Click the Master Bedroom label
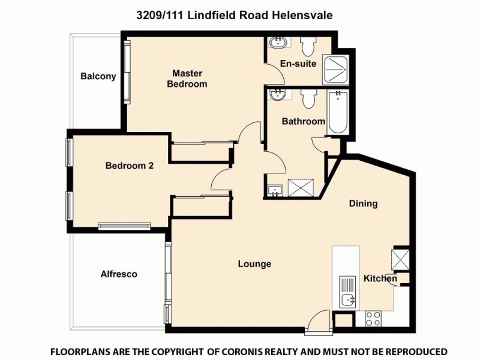[x=187, y=79]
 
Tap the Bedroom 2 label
[x=130, y=166]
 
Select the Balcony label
[x=98, y=76]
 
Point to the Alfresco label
[x=119, y=274]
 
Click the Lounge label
[x=254, y=264]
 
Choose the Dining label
[x=363, y=203]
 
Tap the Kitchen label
[x=380, y=279]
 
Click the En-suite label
[x=298, y=64]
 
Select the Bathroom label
[x=304, y=121]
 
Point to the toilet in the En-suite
[x=308, y=46]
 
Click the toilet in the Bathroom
[x=309, y=99]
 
